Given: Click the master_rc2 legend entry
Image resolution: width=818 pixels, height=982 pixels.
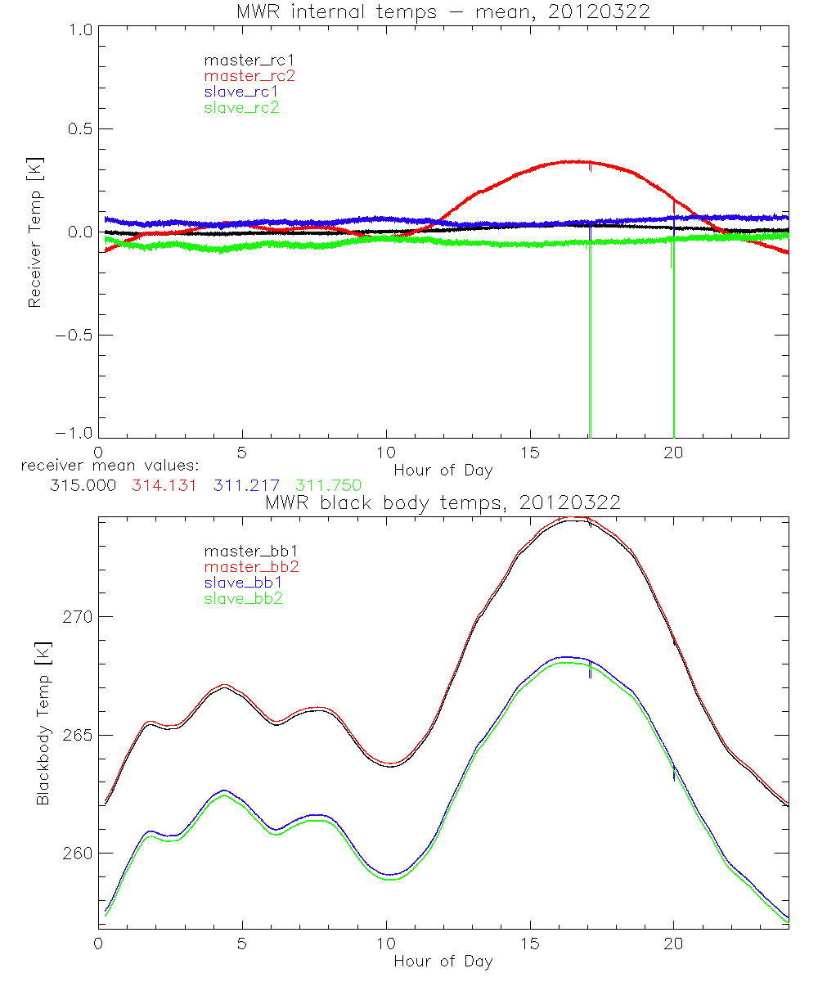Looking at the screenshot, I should [x=249, y=76].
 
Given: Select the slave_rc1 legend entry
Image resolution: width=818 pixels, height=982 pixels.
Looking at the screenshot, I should [x=241, y=92].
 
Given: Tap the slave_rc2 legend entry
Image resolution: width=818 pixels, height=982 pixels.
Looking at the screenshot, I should [x=241, y=107].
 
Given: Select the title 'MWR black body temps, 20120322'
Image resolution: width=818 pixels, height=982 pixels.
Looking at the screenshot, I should [x=443, y=503].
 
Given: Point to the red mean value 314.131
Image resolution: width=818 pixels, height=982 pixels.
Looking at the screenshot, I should [x=163, y=484].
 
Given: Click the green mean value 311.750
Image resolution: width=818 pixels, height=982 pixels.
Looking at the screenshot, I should [x=329, y=484].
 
